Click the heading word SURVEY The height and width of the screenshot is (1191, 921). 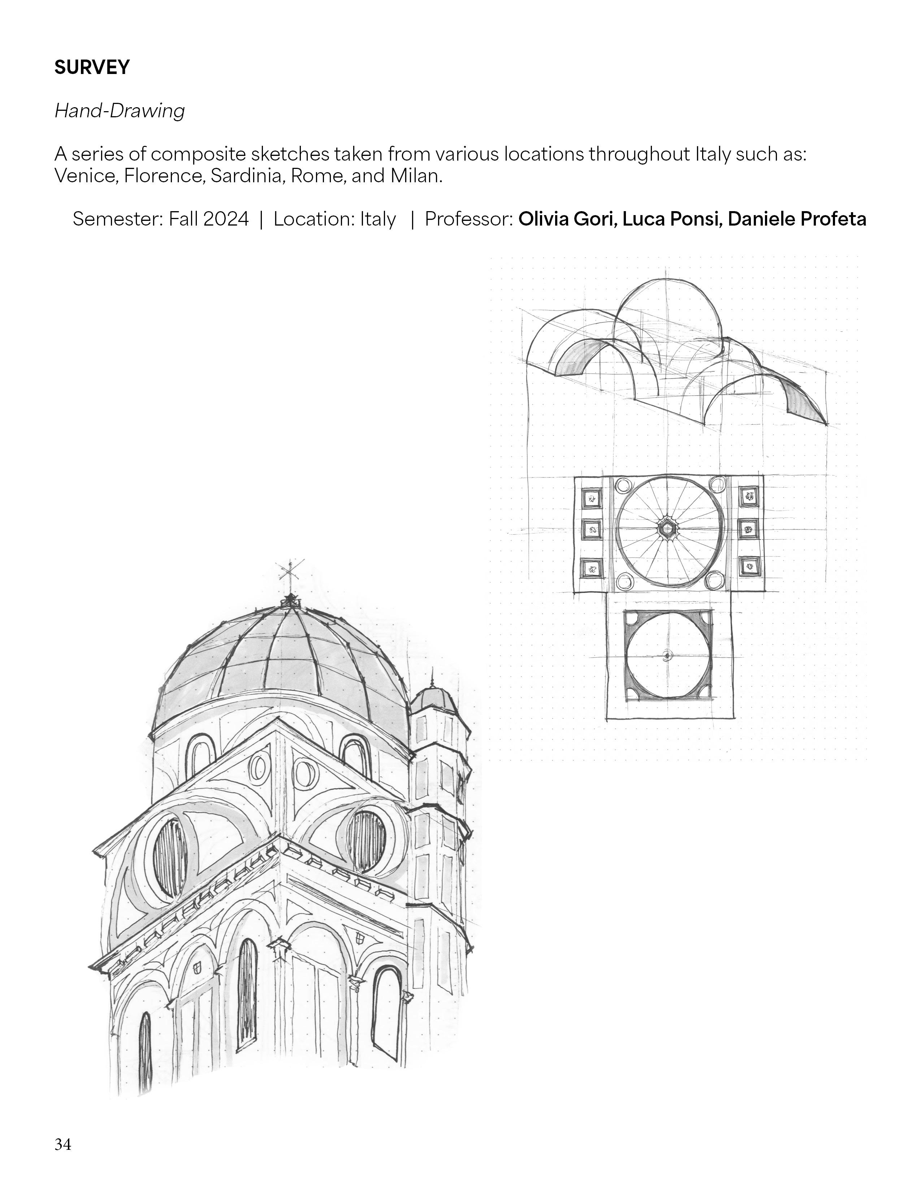click(92, 67)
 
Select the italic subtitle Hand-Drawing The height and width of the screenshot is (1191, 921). click(120, 111)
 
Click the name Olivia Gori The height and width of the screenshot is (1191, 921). click(567, 219)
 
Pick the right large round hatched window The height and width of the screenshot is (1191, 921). click(366, 841)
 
